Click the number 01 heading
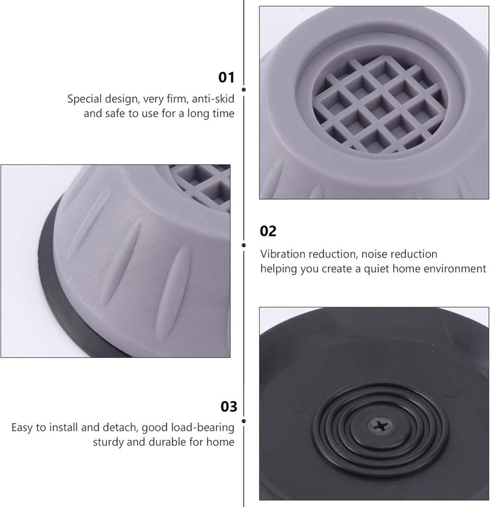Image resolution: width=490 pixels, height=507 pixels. click(x=226, y=78)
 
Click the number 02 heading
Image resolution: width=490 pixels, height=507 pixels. click(x=268, y=232)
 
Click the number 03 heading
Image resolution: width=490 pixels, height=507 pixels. click(x=228, y=406)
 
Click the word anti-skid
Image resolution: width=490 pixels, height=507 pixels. click(x=213, y=99)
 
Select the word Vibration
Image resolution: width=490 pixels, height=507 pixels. click(x=283, y=254)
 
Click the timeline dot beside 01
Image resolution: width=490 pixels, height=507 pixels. click(x=244, y=90)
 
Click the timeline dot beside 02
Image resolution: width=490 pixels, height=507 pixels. click(x=244, y=245)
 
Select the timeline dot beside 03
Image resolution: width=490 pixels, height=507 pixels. click(x=244, y=421)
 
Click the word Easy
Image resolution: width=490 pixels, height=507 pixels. click(x=22, y=428)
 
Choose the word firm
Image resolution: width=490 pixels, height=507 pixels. click(x=178, y=99)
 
